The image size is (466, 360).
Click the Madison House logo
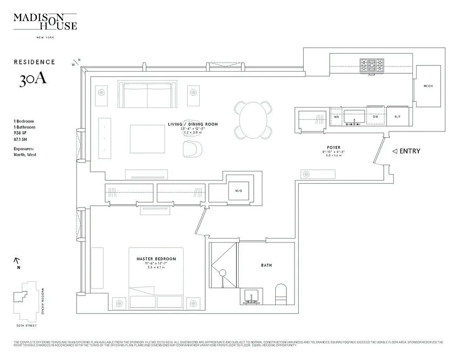point(45,22)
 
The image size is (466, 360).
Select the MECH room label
point(428,86)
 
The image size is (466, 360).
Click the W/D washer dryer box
point(238,191)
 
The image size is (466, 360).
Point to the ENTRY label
point(409,151)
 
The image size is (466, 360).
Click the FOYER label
point(334,148)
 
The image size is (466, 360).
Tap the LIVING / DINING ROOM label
point(193,124)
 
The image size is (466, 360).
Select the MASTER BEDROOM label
point(156,259)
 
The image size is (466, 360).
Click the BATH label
point(266,265)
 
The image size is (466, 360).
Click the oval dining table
point(253,120)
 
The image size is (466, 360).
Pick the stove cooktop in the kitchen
point(372,66)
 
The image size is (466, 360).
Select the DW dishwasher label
point(375,117)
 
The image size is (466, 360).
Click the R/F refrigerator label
point(398,117)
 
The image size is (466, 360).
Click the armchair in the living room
point(193,148)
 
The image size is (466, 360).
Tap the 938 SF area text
point(21,133)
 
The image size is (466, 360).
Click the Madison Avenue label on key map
point(42,299)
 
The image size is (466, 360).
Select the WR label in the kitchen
point(336,117)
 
